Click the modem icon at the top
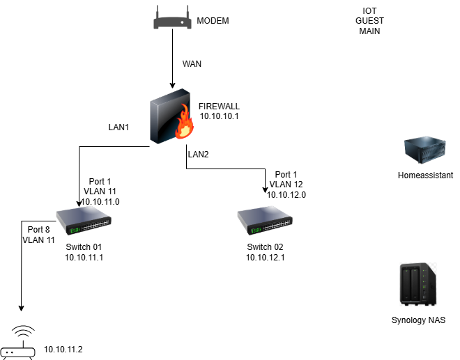click(172, 21)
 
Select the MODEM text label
click(213, 22)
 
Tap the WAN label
click(192, 64)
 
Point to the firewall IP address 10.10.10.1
click(219, 116)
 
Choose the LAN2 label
click(197, 153)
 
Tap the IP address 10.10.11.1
click(84, 258)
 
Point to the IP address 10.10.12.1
click(265, 258)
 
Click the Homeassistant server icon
click(424, 151)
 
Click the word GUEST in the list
click(369, 22)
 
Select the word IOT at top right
click(369, 12)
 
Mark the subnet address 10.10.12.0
click(286, 195)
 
